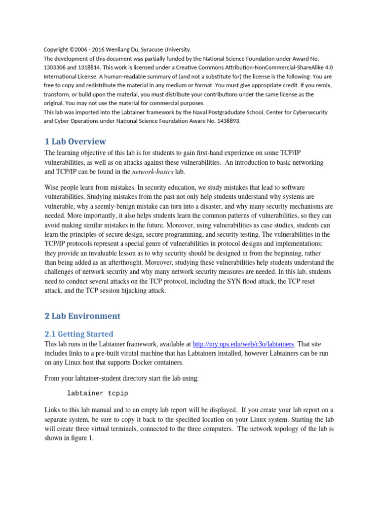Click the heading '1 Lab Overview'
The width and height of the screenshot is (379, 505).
pos(75,141)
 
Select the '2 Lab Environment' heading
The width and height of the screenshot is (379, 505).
pos(82,316)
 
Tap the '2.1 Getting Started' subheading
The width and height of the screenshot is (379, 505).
pos(78,333)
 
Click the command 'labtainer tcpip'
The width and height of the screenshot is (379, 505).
pos(98,393)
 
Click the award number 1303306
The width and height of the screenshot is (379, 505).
pos(56,67)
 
